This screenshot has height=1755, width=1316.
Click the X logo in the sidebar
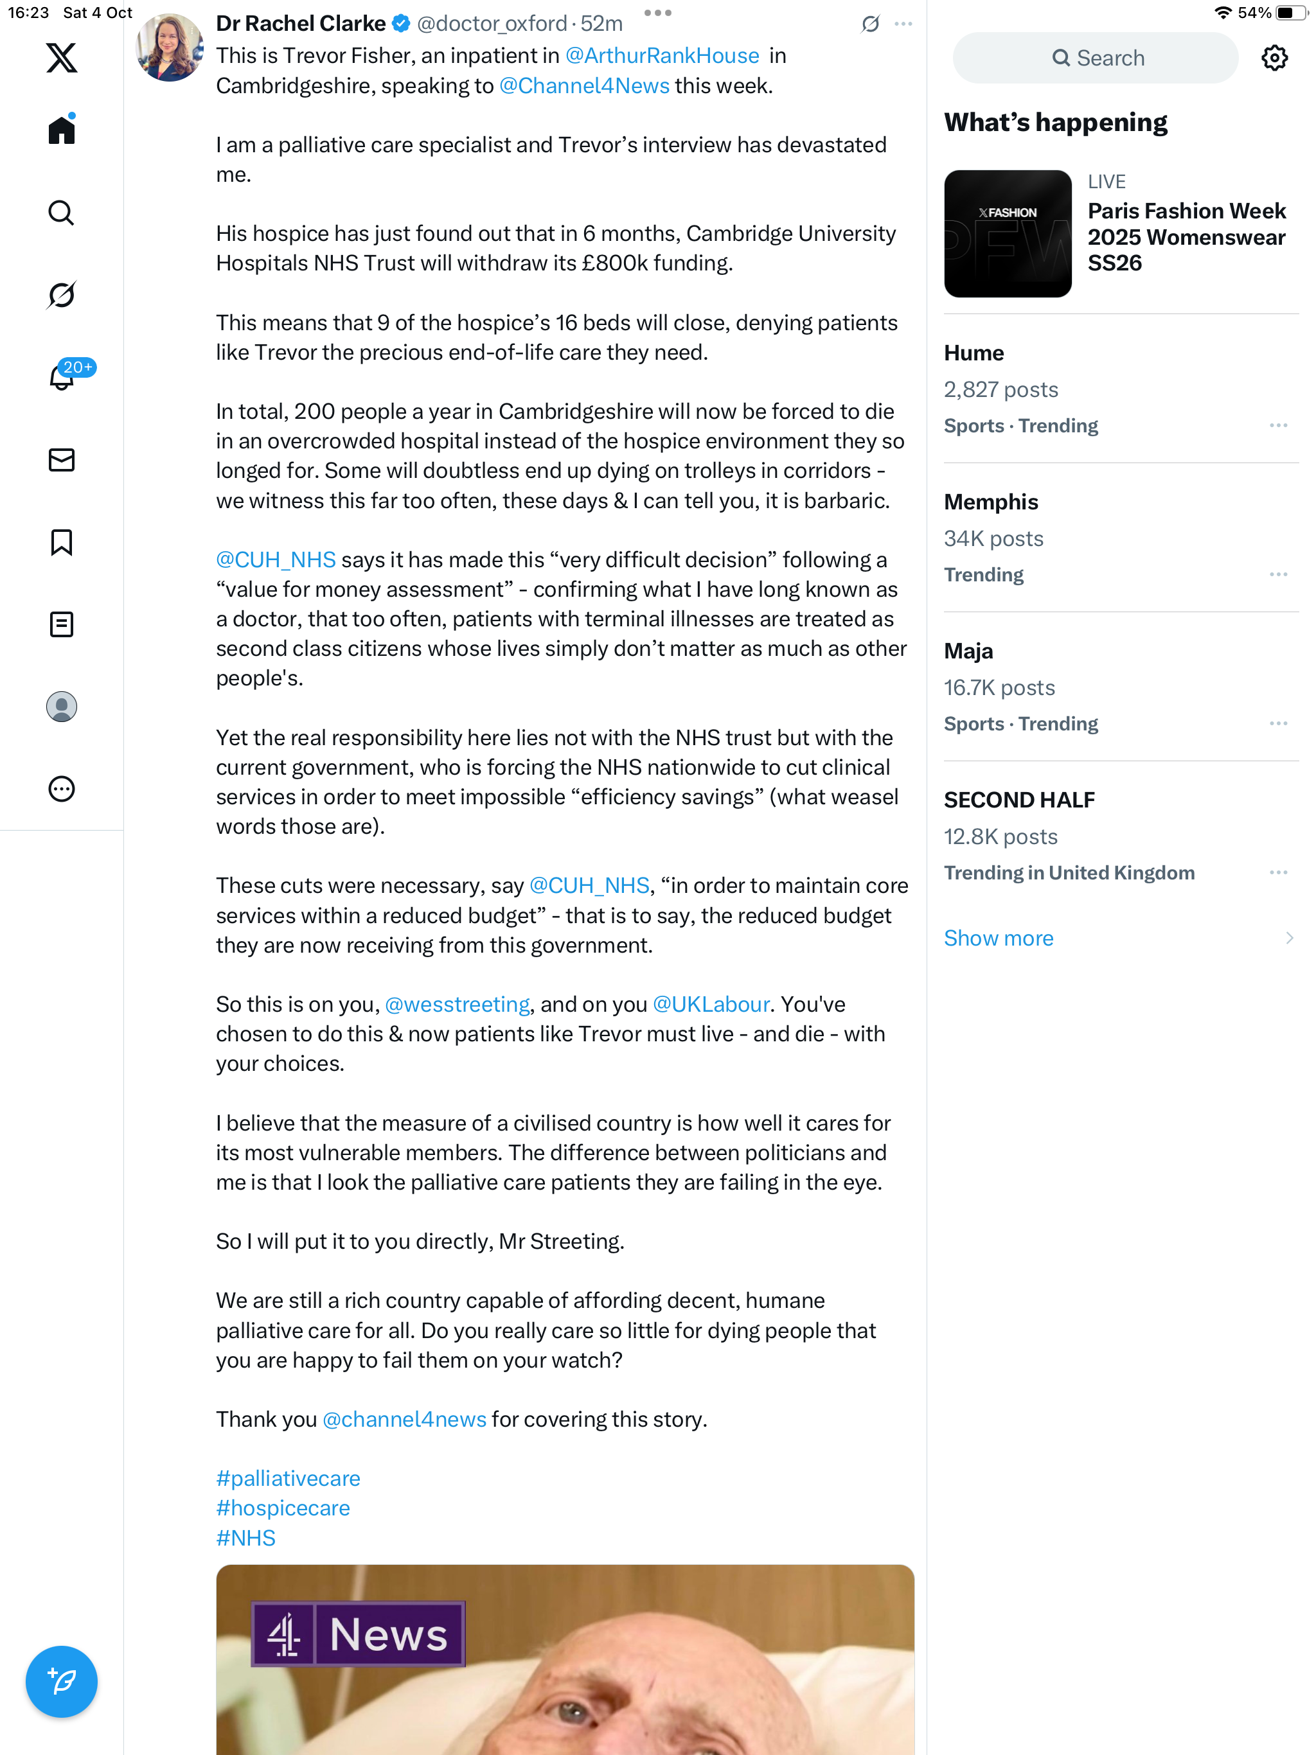tap(61, 58)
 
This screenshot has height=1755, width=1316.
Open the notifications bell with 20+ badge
tap(62, 377)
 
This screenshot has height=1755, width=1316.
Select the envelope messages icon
tap(61, 460)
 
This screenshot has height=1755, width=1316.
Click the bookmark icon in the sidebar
tap(61, 543)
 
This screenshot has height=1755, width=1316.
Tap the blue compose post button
tap(61, 1681)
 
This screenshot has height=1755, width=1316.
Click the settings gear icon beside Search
tap(1274, 58)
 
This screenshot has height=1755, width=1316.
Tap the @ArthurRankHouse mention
tap(661, 55)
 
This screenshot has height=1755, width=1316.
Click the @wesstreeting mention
tap(457, 1005)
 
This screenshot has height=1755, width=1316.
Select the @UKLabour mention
tap(711, 1005)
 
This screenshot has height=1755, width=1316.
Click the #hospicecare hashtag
tap(283, 1508)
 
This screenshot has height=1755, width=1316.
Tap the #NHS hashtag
tap(245, 1538)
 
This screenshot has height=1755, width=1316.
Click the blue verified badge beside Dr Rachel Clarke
tap(402, 24)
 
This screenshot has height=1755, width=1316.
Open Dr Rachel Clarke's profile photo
tap(169, 48)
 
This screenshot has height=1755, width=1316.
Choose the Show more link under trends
tap(998, 938)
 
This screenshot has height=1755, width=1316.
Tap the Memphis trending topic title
tap(991, 502)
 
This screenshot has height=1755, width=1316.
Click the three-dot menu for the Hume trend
tap(1278, 426)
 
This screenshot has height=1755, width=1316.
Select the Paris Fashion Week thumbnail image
tap(1007, 234)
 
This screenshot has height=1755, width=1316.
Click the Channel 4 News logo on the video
tap(358, 1634)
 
